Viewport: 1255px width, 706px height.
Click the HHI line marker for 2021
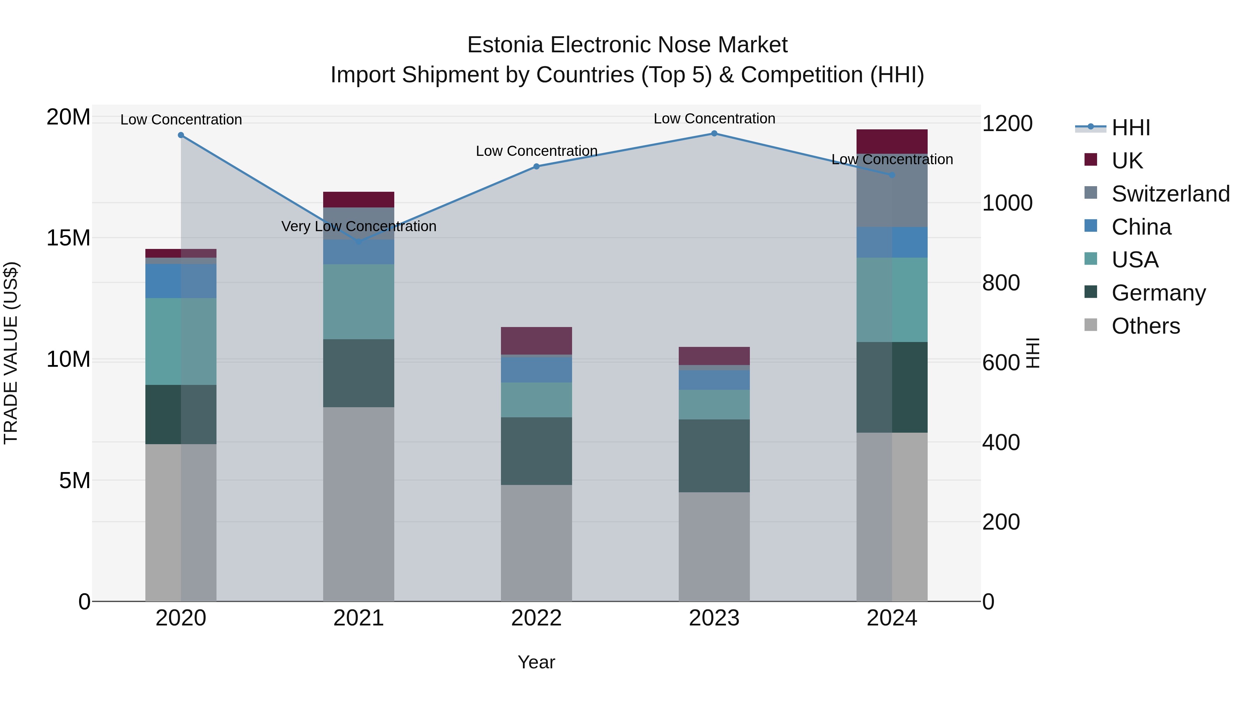click(x=359, y=242)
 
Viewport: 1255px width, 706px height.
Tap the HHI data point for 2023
click(x=714, y=133)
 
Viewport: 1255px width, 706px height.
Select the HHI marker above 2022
click(x=537, y=166)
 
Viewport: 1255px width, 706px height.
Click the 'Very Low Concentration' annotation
click(x=359, y=226)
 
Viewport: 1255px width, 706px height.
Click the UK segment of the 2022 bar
click(x=537, y=341)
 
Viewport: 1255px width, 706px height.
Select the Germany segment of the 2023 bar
click(x=714, y=456)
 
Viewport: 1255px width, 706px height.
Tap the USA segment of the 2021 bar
click(x=359, y=302)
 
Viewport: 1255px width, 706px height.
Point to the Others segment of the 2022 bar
click(x=537, y=543)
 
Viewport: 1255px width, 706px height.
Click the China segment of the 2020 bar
click(x=181, y=281)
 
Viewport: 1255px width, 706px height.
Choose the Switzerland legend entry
click(x=1170, y=194)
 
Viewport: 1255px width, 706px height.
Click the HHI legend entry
click(x=1130, y=128)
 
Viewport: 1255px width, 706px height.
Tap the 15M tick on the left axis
click(x=68, y=238)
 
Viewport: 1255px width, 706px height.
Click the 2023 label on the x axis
click(x=714, y=618)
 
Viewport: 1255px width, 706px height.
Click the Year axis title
click(x=537, y=662)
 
